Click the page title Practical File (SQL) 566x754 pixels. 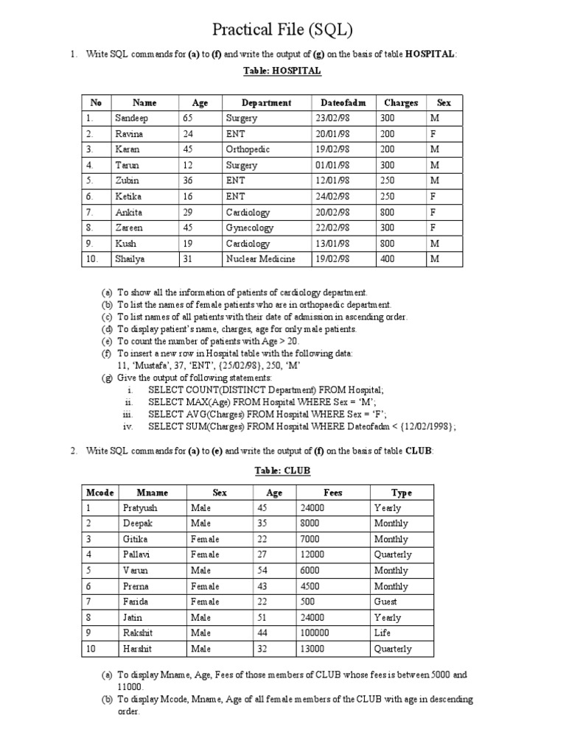tap(282, 30)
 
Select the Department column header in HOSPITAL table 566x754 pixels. tap(266, 103)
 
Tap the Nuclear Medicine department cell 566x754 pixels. tap(261, 259)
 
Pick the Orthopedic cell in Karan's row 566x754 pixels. tap(248, 149)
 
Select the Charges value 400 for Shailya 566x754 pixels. tap(388, 259)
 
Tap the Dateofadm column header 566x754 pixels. tap(343, 103)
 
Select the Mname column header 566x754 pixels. tap(153, 493)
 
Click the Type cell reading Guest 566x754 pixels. tap(386, 602)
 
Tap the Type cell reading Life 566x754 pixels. tap(382, 633)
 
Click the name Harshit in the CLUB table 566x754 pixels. tap(138, 649)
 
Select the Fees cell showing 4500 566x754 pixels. tap(310, 587)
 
